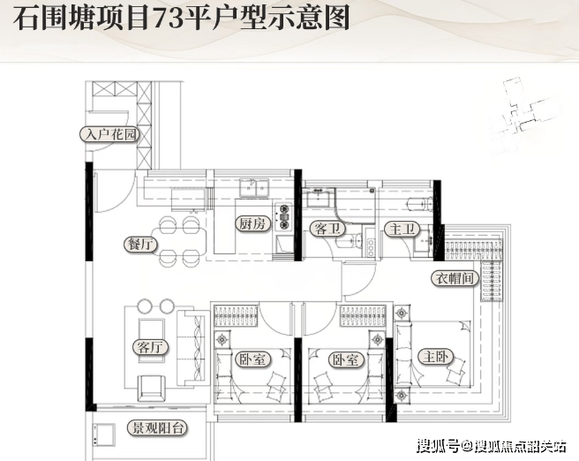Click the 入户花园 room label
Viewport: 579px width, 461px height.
[109, 135]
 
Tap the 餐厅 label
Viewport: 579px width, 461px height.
[142, 245]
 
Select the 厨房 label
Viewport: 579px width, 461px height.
[251, 224]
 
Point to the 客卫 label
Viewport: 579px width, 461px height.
[328, 229]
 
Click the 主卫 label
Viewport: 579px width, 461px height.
[402, 229]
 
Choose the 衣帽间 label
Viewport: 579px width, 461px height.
[454, 278]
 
